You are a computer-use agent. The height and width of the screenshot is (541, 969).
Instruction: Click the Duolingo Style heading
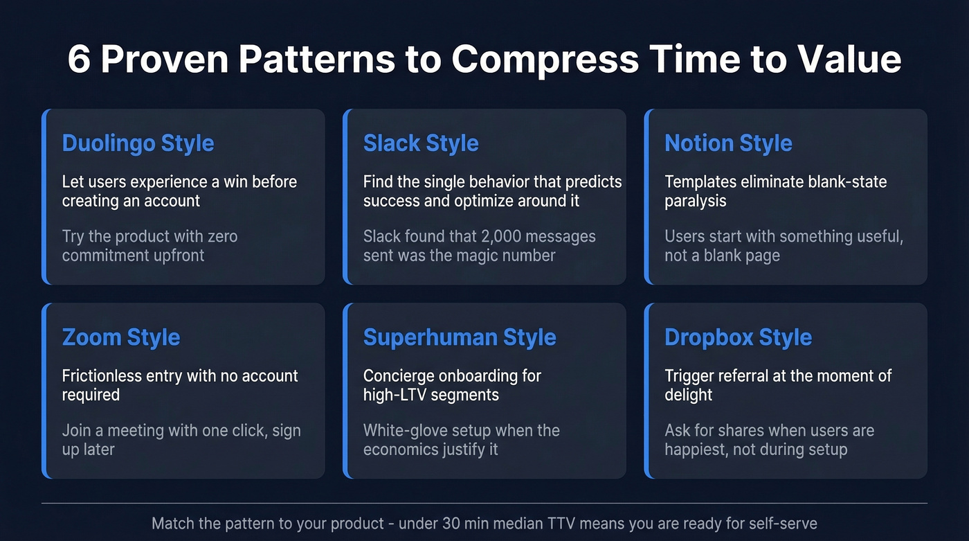coord(138,143)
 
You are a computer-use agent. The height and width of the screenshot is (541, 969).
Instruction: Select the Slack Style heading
coord(421,143)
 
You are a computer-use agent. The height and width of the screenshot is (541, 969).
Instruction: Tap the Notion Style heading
coord(728,143)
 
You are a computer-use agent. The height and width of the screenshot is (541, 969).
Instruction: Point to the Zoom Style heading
coord(121,337)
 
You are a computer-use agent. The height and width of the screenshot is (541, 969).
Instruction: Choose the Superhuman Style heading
coord(460,337)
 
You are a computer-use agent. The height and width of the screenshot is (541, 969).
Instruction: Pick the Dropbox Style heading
coord(738,337)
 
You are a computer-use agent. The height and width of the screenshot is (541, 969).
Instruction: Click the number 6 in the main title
coord(79,60)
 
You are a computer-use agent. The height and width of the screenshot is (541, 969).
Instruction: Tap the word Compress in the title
coord(546,60)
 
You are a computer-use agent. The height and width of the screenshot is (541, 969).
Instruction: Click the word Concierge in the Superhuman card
coord(401,376)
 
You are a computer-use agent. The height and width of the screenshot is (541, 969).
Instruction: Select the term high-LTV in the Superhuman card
coord(395,395)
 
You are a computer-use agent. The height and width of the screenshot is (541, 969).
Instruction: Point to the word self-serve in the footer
coord(785,523)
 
